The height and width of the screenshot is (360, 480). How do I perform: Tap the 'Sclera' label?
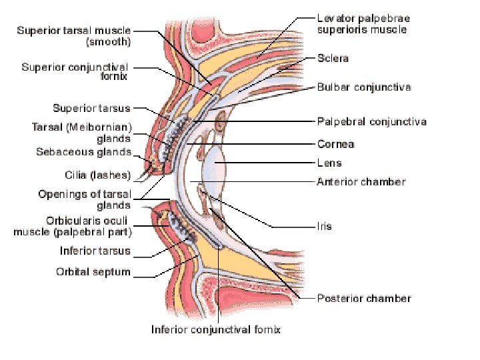(x=332, y=59)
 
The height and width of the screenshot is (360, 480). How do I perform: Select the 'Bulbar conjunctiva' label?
(x=363, y=87)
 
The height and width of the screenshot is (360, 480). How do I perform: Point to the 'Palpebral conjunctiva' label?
(x=371, y=121)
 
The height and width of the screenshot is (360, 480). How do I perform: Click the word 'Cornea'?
(x=335, y=144)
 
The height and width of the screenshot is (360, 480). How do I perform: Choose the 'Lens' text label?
(x=329, y=163)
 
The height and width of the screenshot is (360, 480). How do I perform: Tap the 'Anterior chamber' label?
(x=361, y=181)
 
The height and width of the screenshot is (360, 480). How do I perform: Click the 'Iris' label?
(x=324, y=227)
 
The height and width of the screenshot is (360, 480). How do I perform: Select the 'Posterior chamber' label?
(x=364, y=298)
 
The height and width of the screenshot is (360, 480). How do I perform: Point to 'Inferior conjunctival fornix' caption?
(x=216, y=329)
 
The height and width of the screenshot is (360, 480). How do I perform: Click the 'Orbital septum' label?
(x=93, y=272)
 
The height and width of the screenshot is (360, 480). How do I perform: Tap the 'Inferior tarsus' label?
(x=95, y=251)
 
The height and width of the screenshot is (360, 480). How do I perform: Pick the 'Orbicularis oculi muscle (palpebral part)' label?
(x=73, y=227)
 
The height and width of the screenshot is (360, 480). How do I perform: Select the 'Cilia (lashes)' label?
(x=102, y=175)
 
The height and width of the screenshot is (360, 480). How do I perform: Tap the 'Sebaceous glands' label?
(x=83, y=152)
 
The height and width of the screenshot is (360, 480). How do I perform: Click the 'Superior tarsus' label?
(x=91, y=108)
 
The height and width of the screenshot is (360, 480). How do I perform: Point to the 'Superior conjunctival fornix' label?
(x=75, y=71)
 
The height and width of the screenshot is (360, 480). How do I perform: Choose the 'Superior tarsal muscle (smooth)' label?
(x=74, y=35)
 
